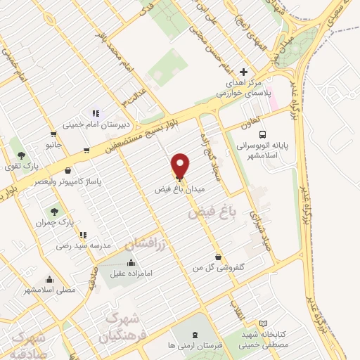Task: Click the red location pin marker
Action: [x=181, y=165]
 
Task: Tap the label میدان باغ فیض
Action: [x=181, y=190]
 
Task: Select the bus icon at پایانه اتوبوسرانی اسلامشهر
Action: [x=262, y=134]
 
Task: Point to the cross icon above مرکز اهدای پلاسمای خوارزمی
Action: [x=243, y=72]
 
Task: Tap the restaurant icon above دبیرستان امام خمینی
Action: [x=96, y=112]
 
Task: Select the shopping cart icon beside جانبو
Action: [x=53, y=133]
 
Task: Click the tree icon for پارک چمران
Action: [x=53, y=210]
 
